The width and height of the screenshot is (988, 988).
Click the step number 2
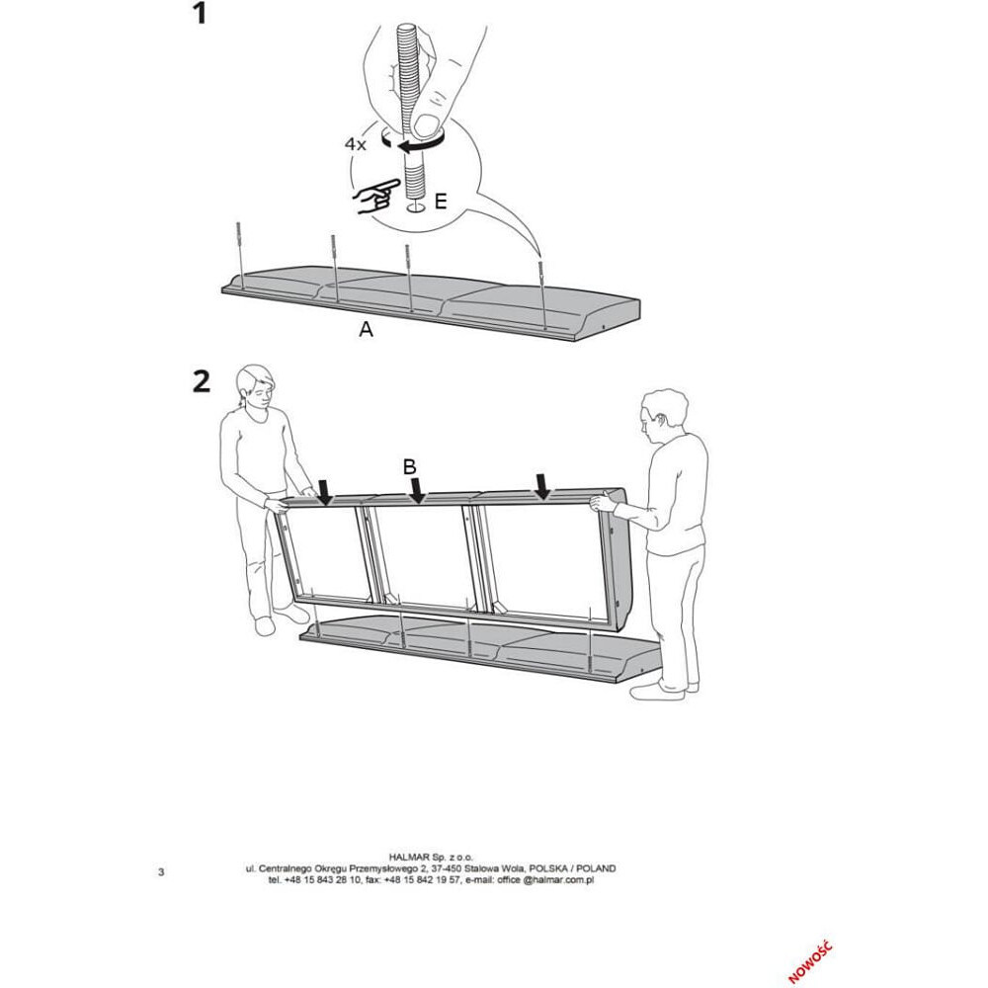pos(202,381)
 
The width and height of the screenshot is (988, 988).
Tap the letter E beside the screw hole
pos(441,202)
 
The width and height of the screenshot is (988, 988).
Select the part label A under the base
pos(366,331)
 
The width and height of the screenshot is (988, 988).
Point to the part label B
pos(409,467)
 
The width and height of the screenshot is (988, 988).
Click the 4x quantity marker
pos(356,144)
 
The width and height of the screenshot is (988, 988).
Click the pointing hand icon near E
pos(374,197)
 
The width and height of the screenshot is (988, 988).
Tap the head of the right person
pos(663,414)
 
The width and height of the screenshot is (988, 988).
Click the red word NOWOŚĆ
pos(811,961)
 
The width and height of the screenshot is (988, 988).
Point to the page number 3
pos(161,871)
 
